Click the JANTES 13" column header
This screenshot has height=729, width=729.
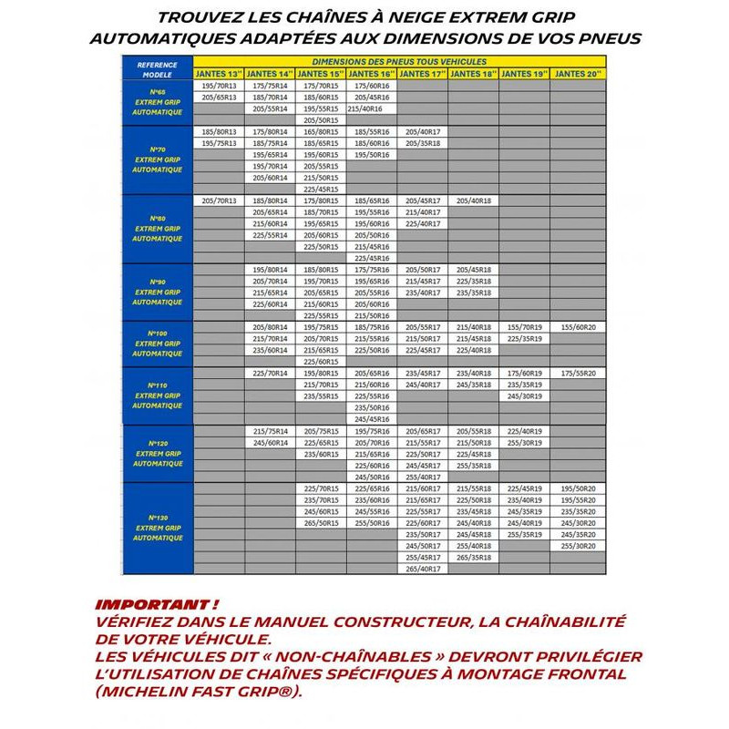point(219,73)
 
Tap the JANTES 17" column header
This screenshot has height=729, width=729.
point(422,73)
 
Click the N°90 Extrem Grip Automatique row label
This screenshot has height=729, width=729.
point(157,292)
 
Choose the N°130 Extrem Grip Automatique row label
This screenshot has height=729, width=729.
point(157,528)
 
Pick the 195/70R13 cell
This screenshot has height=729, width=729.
point(219,85)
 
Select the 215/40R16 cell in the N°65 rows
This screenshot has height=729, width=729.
point(371,108)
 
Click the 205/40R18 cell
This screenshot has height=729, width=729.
point(473,200)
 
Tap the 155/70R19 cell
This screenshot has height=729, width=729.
point(524,326)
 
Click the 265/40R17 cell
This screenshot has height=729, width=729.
point(422,569)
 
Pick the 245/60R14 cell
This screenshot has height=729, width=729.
point(270,442)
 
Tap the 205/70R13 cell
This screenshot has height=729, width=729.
point(219,200)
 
